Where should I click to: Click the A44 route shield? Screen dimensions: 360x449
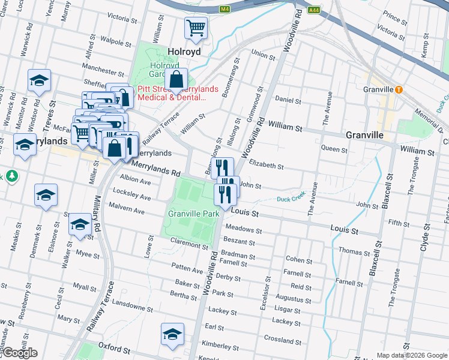313,10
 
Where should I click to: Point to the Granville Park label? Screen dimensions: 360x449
193,214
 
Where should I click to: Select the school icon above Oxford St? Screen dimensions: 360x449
172,334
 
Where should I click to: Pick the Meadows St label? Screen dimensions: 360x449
243,230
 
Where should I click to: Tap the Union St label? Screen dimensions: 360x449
263,55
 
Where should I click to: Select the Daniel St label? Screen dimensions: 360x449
288,100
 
